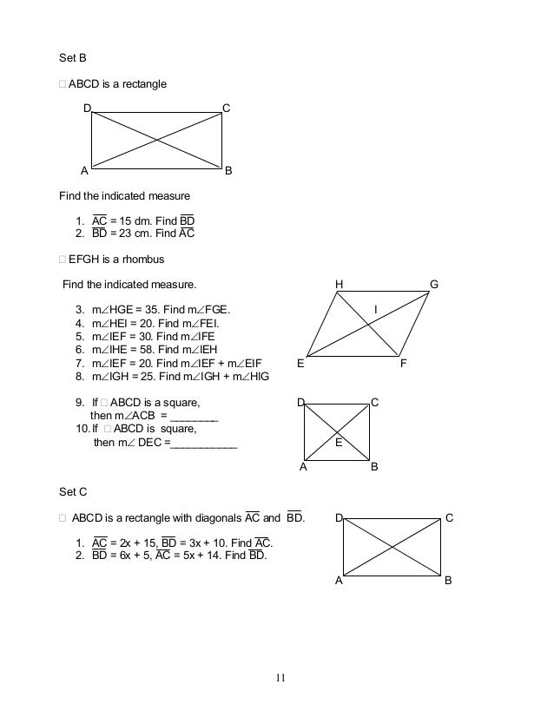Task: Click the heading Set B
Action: (x=73, y=59)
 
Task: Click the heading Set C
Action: (x=73, y=491)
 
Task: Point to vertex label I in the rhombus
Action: (x=375, y=310)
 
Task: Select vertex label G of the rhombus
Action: (x=434, y=285)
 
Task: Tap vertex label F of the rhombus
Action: (x=403, y=365)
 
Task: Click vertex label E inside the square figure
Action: (x=339, y=443)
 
